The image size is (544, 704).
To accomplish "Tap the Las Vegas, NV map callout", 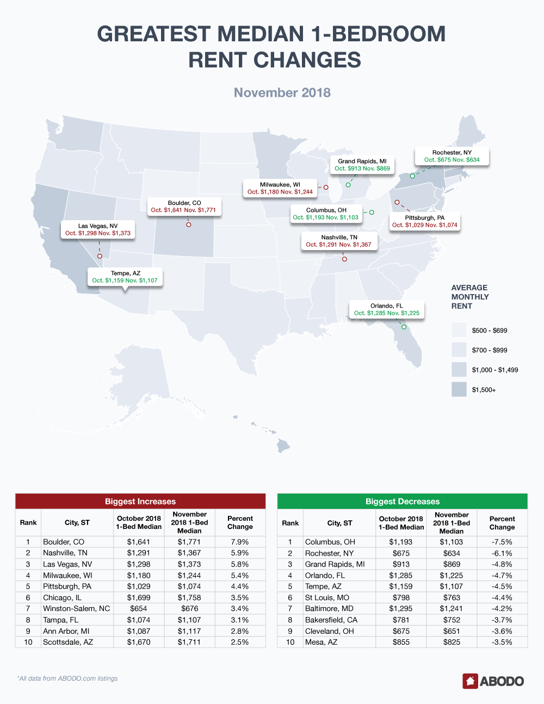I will point(98,229).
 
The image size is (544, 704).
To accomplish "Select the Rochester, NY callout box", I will point(452,157).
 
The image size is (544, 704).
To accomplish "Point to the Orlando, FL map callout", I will point(387,309).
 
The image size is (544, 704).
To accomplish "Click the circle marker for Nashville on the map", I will point(344,259).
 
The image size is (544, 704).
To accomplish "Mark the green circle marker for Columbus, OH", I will point(372,213).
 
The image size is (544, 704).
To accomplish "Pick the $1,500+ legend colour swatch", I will point(459,389).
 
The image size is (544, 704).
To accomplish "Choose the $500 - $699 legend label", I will point(490,331).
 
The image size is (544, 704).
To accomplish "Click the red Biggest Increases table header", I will point(140,501).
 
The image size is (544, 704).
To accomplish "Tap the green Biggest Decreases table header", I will point(402,501).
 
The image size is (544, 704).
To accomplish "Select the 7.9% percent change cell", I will point(240,542).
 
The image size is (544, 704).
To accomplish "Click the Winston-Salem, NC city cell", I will point(77,608).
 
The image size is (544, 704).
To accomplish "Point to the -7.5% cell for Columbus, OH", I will point(502,542).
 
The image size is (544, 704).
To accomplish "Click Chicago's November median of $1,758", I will point(189,597).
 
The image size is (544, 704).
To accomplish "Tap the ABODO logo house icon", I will point(470,681).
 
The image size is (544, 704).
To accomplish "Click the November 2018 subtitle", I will point(282,92).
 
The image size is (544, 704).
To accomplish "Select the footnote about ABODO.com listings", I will point(67,678).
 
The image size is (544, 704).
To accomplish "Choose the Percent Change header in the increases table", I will point(240,522).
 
